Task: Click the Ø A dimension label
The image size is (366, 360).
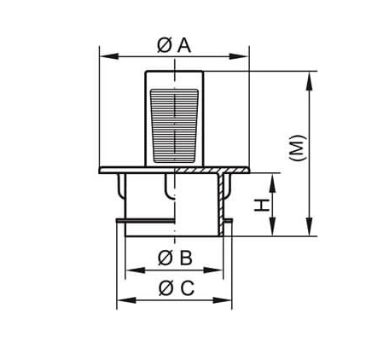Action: pyautogui.click(x=174, y=46)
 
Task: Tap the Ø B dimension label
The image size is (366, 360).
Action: pyautogui.click(x=175, y=258)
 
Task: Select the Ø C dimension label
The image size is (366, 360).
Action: pyautogui.click(x=177, y=288)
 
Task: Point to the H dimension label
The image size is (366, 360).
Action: pyautogui.click(x=262, y=206)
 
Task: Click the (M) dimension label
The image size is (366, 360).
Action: pyautogui.click(x=298, y=148)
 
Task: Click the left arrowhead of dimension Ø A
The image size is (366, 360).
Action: pyautogui.click(x=109, y=56)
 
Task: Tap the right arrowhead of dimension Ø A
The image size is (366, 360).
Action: pyautogui.click(x=239, y=56)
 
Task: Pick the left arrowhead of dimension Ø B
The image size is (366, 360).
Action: pyautogui.click(x=136, y=270)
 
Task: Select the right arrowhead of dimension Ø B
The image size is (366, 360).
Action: pyautogui.click(x=213, y=270)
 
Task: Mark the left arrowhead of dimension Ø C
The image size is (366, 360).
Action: pyautogui.click(x=127, y=300)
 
